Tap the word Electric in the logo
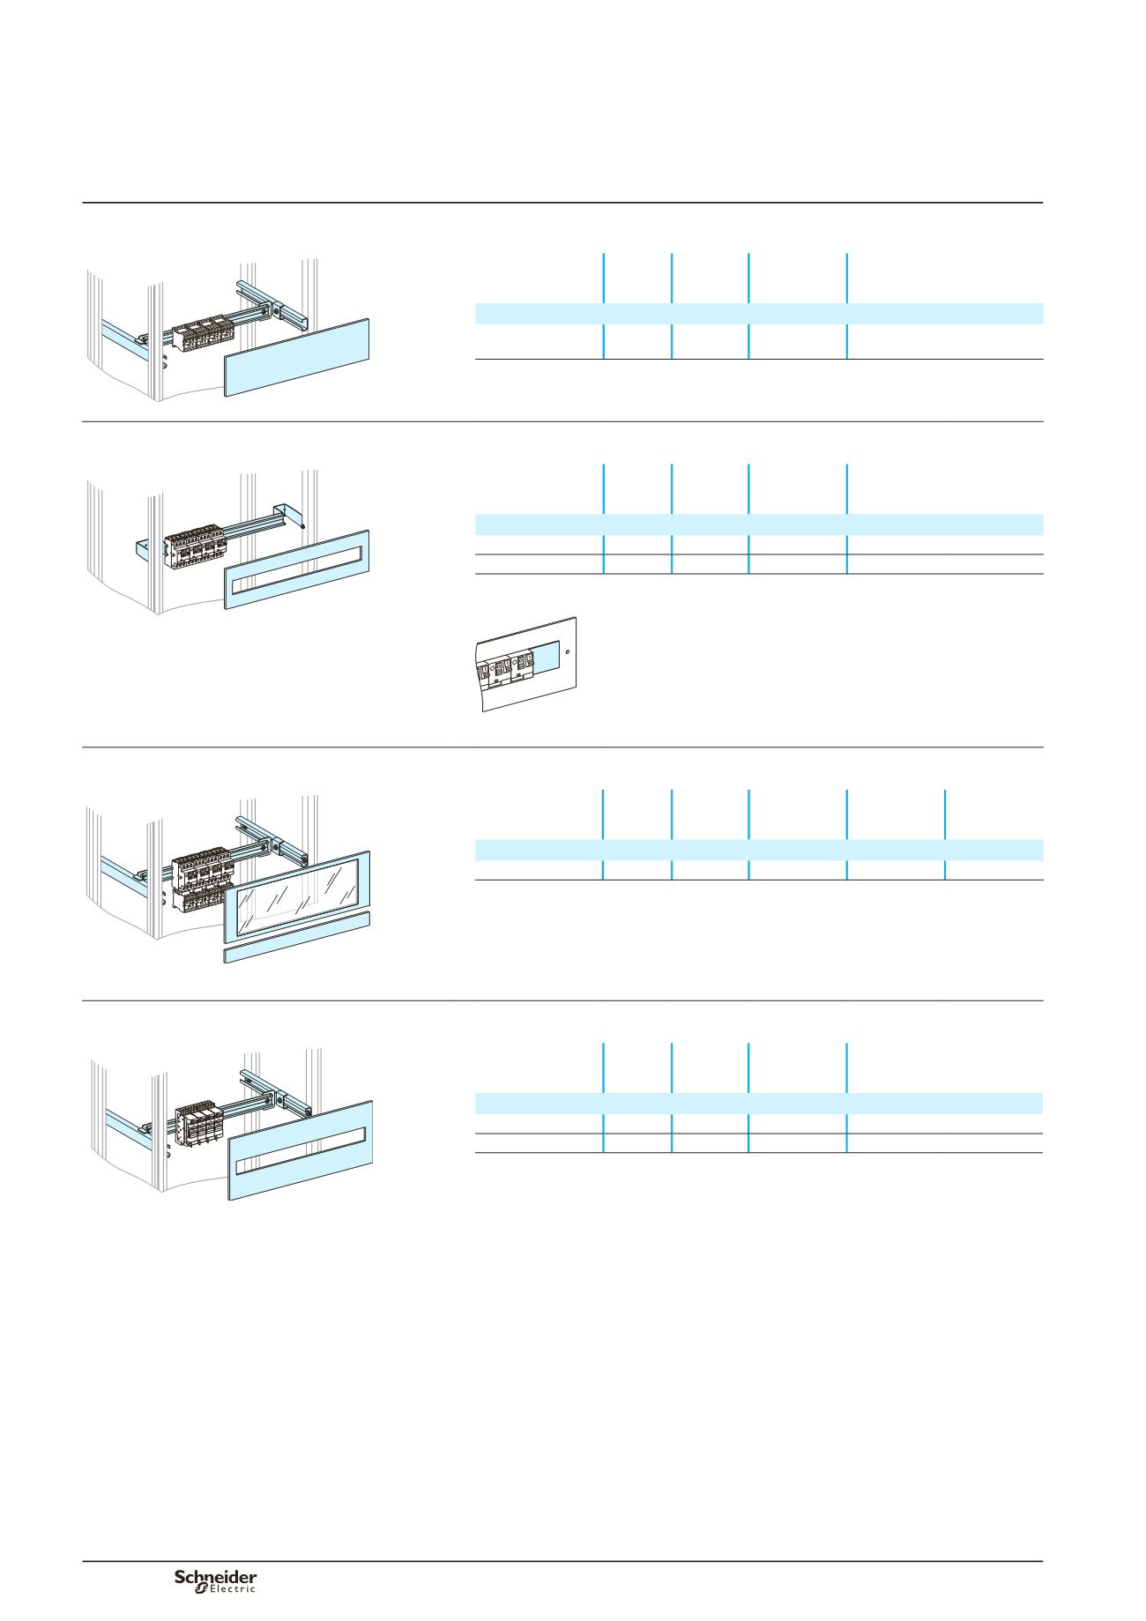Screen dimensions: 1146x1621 [232, 1588]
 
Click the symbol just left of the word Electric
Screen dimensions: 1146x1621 [200, 1588]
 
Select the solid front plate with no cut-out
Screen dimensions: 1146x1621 [296, 357]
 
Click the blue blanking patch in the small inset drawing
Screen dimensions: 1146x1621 [546, 658]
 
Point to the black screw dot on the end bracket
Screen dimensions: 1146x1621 [303, 525]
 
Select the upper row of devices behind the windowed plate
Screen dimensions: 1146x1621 [202, 867]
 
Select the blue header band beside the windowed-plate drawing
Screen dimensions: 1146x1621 [759, 850]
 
